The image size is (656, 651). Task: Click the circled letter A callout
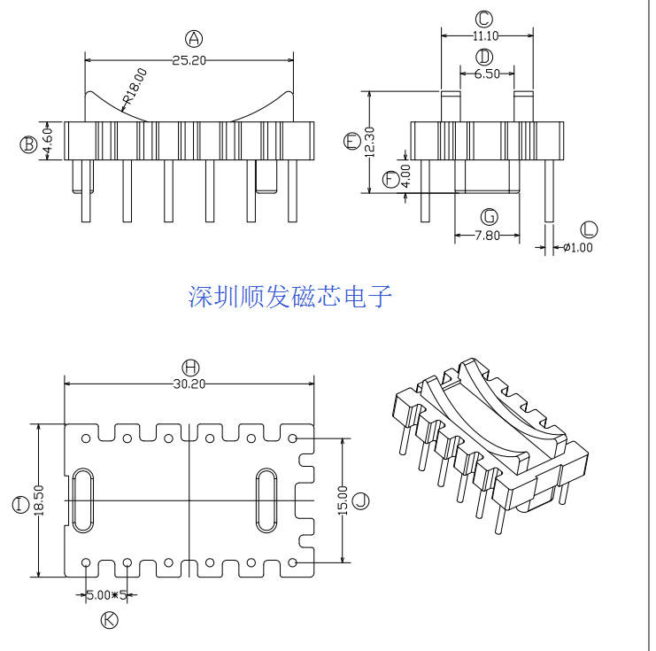pyautogui.click(x=194, y=37)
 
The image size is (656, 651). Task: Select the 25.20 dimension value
pyautogui.click(x=189, y=61)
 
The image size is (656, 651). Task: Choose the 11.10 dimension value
pyautogui.click(x=485, y=36)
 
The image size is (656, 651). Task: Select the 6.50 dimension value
pyautogui.click(x=486, y=74)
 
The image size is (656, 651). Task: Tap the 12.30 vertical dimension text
pyautogui.click(x=370, y=141)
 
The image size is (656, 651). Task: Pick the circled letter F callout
pyautogui.click(x=390, y=180)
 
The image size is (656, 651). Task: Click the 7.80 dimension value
pyautogui.click(x=488, y=236)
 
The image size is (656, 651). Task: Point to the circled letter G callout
pyautogui.click(x=488, y=216)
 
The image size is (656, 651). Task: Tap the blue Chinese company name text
pyautogui.click(x=290, y=297)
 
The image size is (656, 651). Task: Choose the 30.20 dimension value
pyautogui.click(x=189, y=384)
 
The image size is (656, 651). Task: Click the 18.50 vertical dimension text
pyautogui.click(x=38, y=502)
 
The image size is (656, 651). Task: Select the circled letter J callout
pyautogui.click(x=359, y=501)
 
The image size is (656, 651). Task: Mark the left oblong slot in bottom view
pyautogui.click(x=82, y=500)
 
